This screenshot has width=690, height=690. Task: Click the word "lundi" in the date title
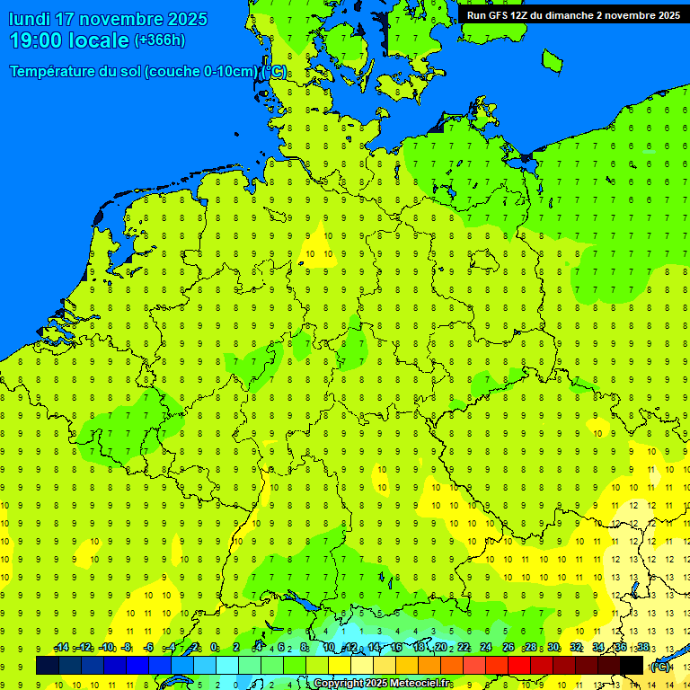tap(30, 19)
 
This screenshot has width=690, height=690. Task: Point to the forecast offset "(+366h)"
tap(159, 40)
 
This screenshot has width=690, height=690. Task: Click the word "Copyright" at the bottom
tap(339, 684)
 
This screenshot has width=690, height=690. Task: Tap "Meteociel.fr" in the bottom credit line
tap(420, 684)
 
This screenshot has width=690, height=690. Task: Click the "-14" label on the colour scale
tap(62, 648)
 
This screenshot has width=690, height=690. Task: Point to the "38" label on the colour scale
tap(643, 648)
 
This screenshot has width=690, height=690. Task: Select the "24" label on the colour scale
tap(486, 648)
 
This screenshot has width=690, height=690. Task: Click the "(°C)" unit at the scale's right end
tap(659, 666)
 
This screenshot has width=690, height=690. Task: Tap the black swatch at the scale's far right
tap(632, 665)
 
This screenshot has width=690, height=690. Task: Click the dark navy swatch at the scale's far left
tap(48, 665)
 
